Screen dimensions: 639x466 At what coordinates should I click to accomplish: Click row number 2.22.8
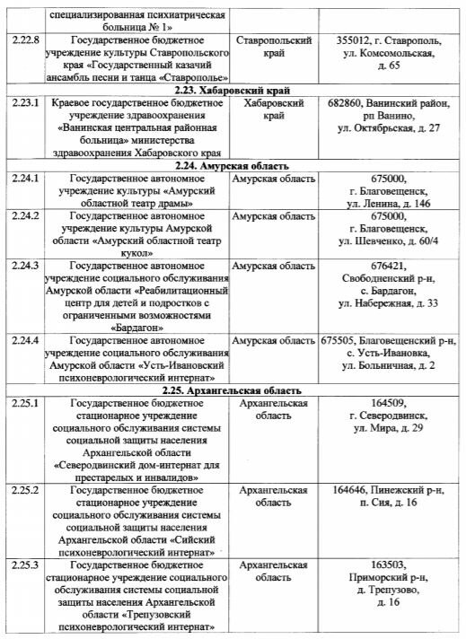(25, 42)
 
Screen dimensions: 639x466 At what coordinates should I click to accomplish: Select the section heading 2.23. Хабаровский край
(234, 90)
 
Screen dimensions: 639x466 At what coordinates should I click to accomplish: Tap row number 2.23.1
(25, 103)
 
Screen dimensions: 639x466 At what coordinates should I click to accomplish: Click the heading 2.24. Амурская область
(234, 166)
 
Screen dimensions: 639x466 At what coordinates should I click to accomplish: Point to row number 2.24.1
(25, 179)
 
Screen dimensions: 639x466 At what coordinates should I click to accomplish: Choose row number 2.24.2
(25, 217)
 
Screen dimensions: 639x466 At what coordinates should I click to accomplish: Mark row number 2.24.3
(25, 267)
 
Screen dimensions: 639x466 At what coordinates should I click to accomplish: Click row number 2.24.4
(25, 341)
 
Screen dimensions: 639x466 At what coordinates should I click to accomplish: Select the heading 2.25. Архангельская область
(234, 390)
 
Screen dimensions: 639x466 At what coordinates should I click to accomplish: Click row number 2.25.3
(25, 565)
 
